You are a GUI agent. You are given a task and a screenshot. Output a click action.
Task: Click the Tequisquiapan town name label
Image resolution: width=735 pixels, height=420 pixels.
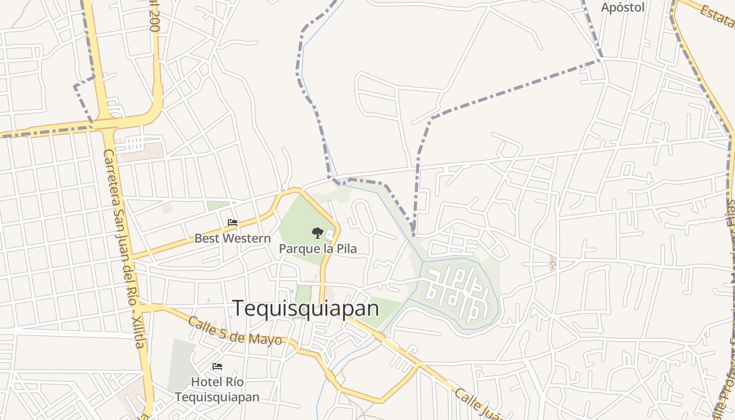(306, 308)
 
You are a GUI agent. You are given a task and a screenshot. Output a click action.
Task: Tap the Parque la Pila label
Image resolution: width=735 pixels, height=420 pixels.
(318, 248)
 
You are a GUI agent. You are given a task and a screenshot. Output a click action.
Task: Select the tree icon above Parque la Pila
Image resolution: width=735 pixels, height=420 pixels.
(317, 233)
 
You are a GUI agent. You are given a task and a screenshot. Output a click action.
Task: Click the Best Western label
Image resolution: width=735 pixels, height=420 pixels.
(233, 238)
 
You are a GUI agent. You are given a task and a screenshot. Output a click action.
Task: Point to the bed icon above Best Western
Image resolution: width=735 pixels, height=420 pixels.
(233, 223)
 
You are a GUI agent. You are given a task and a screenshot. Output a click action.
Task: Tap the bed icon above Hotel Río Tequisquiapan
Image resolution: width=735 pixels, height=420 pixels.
(217, 366)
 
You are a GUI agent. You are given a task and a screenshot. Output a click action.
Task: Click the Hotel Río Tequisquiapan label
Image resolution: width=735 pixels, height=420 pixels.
(217, 389)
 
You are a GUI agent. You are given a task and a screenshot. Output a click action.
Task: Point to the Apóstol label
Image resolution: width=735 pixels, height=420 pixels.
(623, 7)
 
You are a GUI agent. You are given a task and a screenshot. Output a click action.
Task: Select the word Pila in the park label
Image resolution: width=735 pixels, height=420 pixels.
(346, 248)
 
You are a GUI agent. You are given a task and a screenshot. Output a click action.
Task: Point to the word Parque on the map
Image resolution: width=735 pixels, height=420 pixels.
(298, 249)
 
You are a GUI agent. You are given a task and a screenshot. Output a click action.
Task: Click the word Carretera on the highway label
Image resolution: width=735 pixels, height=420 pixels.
(112, 176)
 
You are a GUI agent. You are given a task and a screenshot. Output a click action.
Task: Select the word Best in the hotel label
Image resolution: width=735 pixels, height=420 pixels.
(205, 238)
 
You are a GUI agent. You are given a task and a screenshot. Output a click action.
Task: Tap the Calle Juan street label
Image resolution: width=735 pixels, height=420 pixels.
(478, 405)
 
